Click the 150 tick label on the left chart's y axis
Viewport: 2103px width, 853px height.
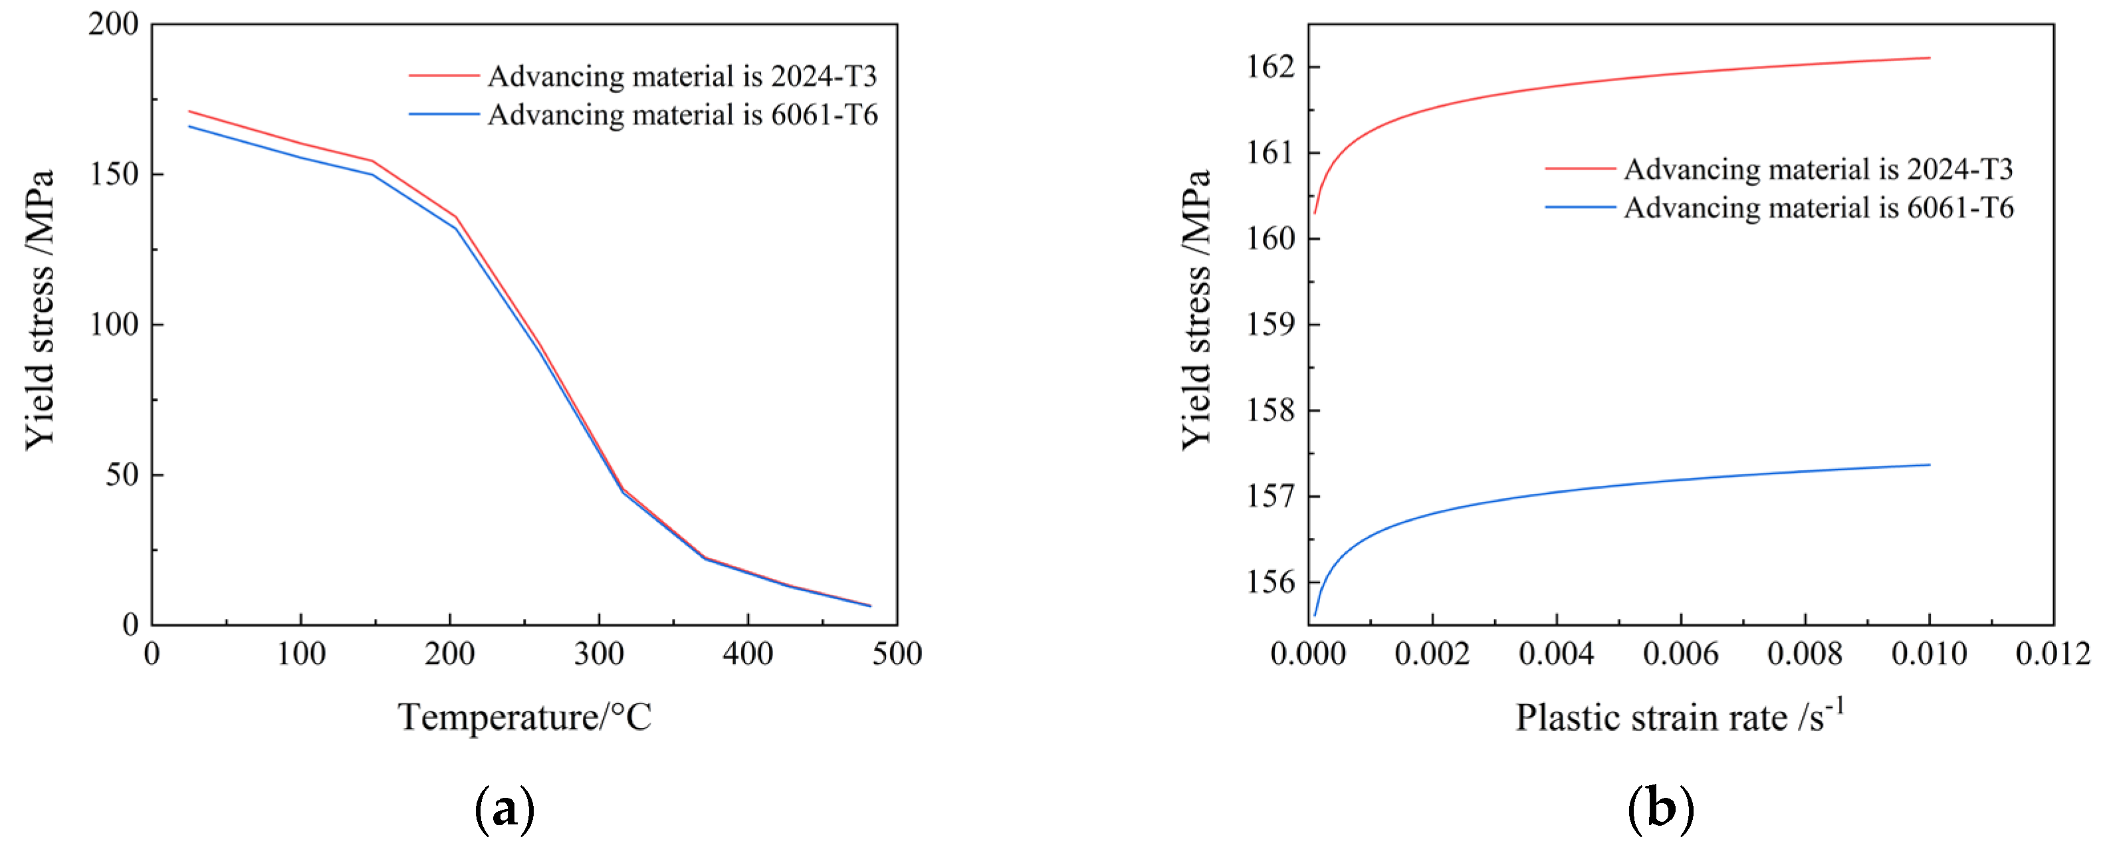[x=114, y=175]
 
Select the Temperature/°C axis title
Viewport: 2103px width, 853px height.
[x=524, y=717]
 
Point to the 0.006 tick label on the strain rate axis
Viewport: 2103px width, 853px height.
[x=1680, y=654]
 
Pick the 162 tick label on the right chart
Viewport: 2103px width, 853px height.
[x=1270, y=67]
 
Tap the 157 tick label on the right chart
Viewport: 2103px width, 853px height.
[x=1270, y=496]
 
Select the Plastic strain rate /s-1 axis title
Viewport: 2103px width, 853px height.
[x=1680, y=717]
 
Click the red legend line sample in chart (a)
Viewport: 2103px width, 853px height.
[x=444, y=76]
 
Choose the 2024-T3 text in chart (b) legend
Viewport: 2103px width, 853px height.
[x=1959, y=169]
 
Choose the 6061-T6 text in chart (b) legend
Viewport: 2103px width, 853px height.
[x=1959, y=208]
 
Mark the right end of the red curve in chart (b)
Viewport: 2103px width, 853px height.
[x=1929, y=58]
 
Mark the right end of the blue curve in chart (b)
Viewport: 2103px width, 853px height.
[x=1929, y=465]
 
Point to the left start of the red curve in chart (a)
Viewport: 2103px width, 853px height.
[x=189, y=111]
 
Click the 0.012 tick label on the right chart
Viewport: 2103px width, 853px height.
[x=2052, y=654]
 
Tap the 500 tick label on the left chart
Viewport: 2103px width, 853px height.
[x=897, y=654]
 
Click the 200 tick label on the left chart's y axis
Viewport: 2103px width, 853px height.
[x=114, y=25]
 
